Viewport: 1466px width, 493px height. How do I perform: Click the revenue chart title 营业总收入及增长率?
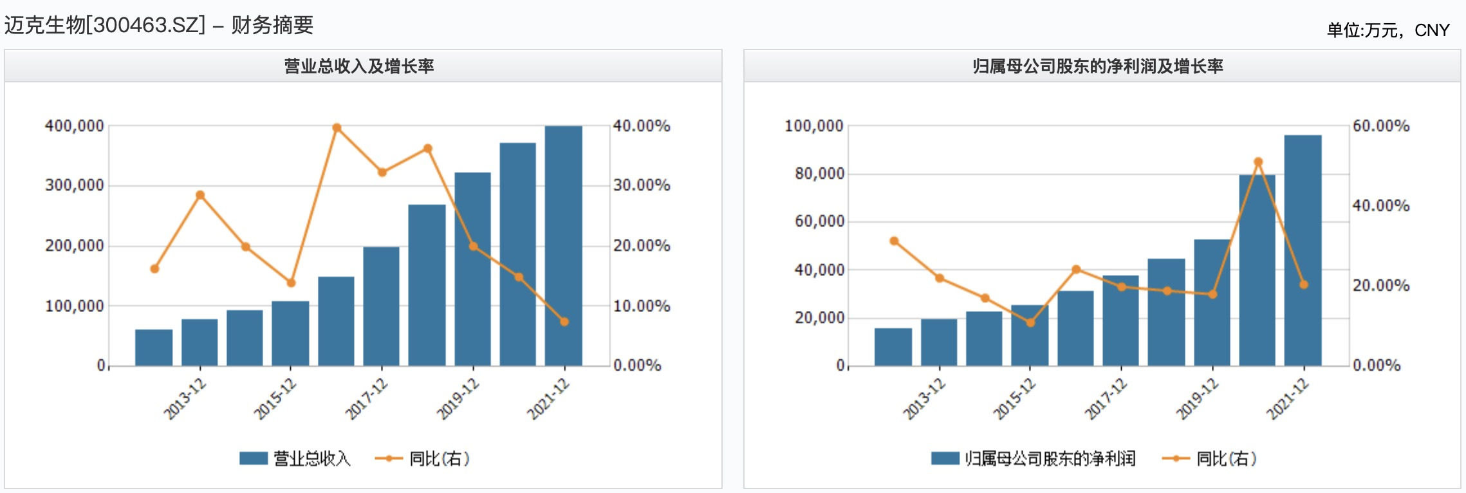[359, 66]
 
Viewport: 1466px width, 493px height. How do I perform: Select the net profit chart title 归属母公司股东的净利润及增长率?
[1097, 66]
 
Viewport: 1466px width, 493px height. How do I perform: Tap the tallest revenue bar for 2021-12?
[563, 245]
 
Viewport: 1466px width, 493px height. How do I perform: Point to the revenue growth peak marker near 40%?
[337, 127]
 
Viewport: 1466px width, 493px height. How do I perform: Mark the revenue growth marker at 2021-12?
[564, 322]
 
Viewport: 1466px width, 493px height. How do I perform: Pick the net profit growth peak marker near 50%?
[1258, 162]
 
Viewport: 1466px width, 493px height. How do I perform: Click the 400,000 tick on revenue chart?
[74, 126]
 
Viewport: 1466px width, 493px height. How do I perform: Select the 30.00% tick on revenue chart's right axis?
[642, 186]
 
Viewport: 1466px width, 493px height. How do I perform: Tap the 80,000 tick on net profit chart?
[819, 174]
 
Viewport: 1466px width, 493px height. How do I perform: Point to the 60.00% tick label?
[1381, 126]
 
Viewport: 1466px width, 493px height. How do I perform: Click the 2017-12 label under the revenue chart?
[366, 400]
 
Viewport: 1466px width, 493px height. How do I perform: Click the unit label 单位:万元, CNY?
[1388, 30]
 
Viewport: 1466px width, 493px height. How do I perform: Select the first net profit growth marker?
[894, 241]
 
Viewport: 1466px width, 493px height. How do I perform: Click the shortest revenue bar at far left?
[154, 348]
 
